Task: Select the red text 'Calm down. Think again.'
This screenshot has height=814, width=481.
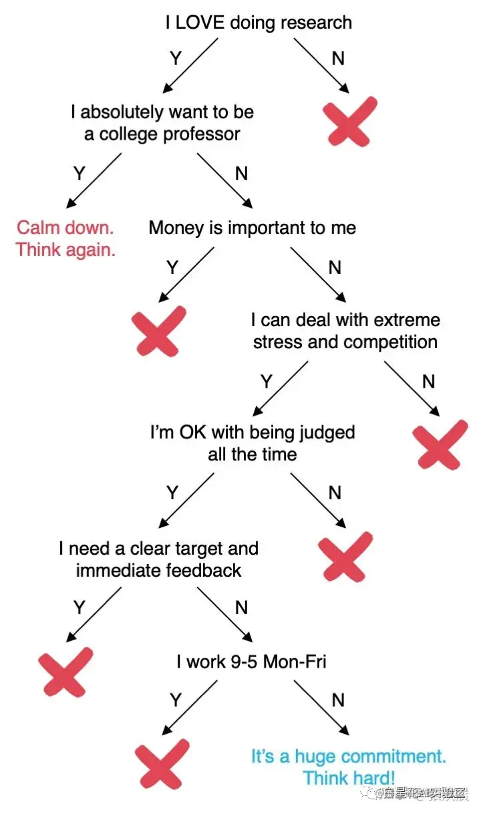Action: coord(65,239)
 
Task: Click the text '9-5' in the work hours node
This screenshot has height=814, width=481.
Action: coord(240,662)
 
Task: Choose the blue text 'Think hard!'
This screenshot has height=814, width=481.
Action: coord(349,778)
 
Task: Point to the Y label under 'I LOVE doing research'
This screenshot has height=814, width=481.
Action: coord(176,59)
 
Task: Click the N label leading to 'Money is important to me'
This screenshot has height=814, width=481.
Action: coord(241,174)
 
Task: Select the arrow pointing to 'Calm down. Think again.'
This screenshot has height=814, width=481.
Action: coord(94,180)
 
